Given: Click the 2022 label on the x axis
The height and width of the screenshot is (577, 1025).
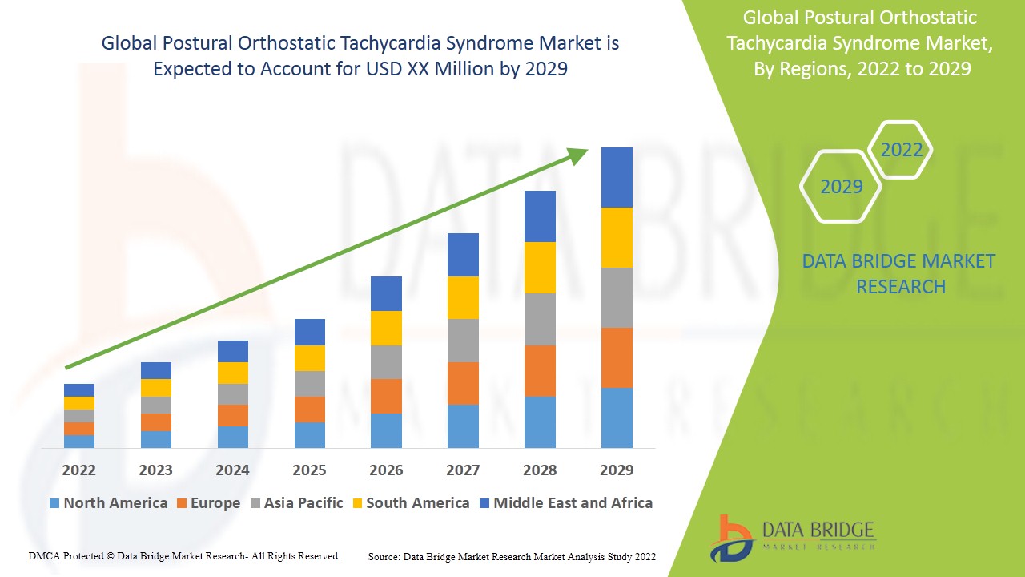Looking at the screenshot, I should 78,470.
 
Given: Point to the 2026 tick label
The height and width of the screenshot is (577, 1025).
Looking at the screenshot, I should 386,470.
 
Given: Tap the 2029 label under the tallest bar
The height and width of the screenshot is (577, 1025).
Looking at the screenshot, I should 617,470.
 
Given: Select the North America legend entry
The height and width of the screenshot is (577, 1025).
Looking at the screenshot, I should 108,503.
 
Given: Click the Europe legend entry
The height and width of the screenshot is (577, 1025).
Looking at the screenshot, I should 207,503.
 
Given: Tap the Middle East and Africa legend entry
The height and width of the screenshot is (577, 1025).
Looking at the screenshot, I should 565,503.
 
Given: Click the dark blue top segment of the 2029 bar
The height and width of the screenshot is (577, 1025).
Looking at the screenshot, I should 617,177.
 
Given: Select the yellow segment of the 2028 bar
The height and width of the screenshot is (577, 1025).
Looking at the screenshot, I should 540,268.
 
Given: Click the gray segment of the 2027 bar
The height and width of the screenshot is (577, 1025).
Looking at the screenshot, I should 463,341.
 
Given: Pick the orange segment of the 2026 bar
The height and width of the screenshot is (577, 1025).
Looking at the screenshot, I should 386,396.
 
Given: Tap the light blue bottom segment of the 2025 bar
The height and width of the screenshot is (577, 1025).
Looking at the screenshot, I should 309,434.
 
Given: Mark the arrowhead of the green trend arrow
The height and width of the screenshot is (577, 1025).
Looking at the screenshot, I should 578,155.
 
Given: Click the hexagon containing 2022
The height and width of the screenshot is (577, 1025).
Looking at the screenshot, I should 901,150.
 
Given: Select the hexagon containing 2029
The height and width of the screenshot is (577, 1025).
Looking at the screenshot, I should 841,187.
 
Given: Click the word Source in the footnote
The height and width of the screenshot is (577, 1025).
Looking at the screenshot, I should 384,556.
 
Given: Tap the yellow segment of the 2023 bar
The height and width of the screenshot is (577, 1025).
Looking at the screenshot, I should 155,388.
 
